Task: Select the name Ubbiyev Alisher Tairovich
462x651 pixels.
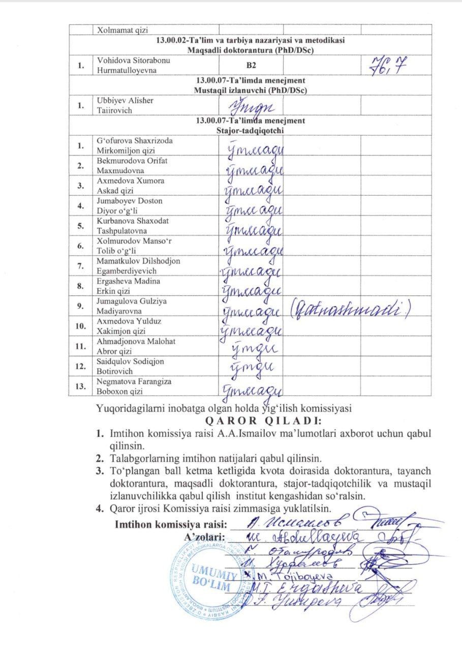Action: pyautogui.click(x=125, y=105)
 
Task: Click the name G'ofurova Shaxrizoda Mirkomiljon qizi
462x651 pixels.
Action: pyautogui.click(x=135, y=145)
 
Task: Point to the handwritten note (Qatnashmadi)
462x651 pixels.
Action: pyautogui.click(x=349, y=308)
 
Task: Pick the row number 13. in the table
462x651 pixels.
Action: pyautogui.click(x=80, y=387)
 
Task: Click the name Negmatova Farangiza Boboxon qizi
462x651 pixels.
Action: pyautogui.click(x=134, y=387)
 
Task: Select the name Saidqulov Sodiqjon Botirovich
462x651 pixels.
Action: pyautogui.click(x=131, y=366)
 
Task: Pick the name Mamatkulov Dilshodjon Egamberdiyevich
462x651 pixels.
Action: pyautogui.click(x=138, y=266)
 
